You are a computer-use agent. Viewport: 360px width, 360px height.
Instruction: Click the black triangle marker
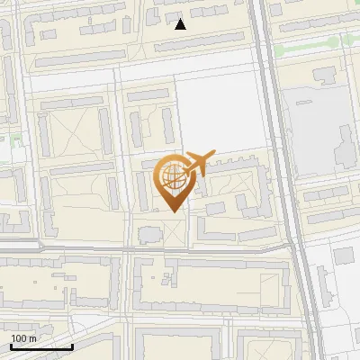(x=181, y=24)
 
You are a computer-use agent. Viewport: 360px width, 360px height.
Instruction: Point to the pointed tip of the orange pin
(x=172, y=211)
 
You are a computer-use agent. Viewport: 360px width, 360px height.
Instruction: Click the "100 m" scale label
(x=23, y=338)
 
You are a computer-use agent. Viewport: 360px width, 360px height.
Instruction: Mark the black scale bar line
(x=41, y=346)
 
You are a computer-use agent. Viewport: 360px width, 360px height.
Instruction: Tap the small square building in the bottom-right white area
(x=344, y=256)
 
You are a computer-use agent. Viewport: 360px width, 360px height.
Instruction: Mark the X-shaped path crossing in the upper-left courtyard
(x=72, y=135)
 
